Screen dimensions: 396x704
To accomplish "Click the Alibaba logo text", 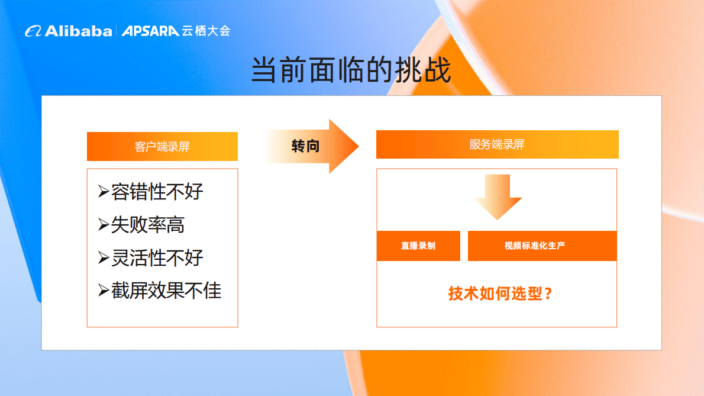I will (x=78, y=31).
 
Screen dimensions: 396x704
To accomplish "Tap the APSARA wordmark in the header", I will (x=150, y=31).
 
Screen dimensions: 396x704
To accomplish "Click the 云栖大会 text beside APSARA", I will (x=206, y=31).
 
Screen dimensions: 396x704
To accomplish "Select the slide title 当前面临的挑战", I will (x=351, y=70).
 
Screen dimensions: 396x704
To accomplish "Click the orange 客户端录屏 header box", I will (x=162, y=146).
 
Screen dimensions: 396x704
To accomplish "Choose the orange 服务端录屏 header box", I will (x=497, y=144).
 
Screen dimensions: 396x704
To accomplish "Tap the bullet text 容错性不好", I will (x=157, y=192).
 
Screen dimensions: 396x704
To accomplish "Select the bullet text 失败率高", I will (x=148, y=225).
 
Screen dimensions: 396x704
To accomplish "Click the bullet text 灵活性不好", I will (x=157, y=258).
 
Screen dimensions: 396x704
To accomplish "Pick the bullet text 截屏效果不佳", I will (x=166, y=291).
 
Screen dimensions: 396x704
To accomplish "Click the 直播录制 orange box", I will (x=418, y=246).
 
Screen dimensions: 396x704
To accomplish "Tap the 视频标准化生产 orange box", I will (x=542, y=246).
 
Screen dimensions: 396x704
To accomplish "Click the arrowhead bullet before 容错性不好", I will (x=104, y=192).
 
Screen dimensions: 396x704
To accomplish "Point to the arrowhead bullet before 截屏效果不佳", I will (x=104, y=291).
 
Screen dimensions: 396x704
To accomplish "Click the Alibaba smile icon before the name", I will (x=33, y=31).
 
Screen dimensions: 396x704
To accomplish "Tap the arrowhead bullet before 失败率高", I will (x=104, y=225).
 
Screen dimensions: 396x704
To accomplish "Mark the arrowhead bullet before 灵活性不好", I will (x=104, y=258).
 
